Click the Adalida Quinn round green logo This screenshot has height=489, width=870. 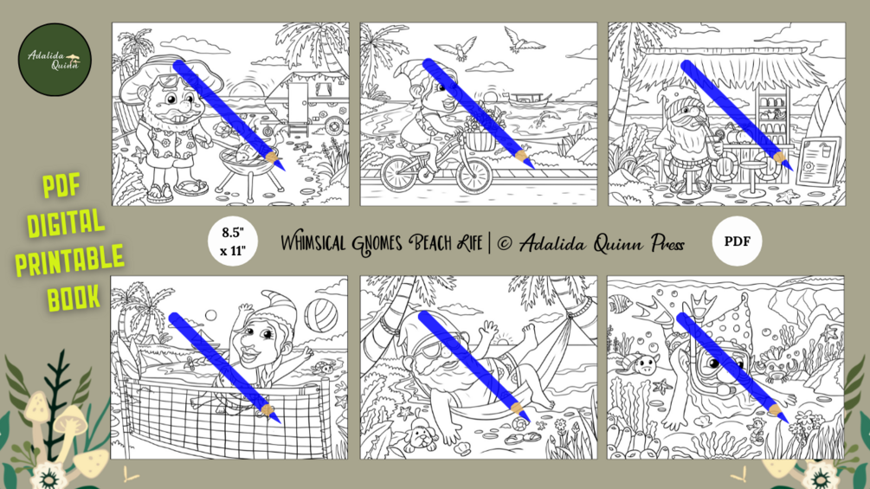(x=55, y=60)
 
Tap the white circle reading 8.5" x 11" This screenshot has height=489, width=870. (x=233, y=241)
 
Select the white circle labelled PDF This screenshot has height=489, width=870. (x=737, y=241)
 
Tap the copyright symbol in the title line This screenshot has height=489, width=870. (x=505, y=243)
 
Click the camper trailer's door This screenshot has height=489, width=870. (x=298, y=104)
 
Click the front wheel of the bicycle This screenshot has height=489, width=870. (x=474, y=174)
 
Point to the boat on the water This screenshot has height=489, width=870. (x=529, y=100)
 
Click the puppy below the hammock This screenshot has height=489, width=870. (x=420, y=437)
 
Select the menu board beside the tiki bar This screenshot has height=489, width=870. (x=818, y=161)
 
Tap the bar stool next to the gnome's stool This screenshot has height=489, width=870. (x=751, y=176)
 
